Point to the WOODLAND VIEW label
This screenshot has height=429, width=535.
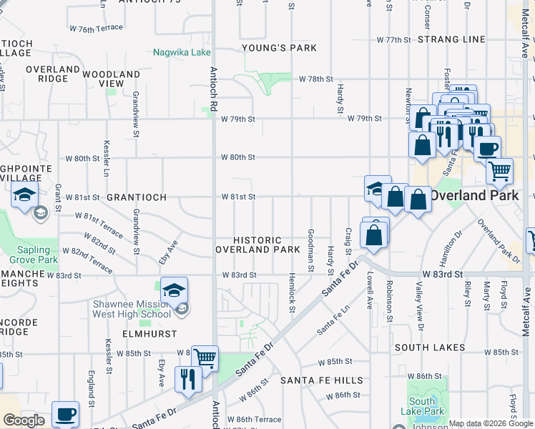[111, 79]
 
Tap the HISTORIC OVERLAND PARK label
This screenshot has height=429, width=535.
[258, 245]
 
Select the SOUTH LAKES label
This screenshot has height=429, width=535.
[430, 348]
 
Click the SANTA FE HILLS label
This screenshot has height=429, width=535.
[321, 380]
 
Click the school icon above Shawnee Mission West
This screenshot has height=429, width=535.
[174, 290]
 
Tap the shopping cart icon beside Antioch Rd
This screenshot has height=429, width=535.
[205, 357]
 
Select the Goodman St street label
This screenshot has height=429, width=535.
[310, 250]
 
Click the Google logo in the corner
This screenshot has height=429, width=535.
[24, 420]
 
